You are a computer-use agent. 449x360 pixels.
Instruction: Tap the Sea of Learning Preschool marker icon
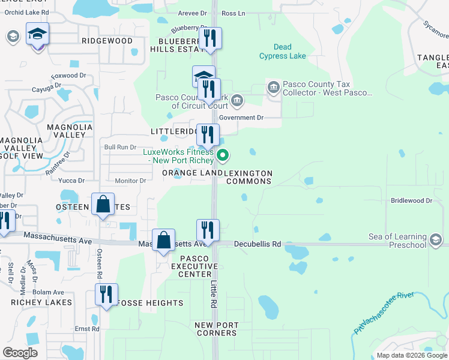[436, 241]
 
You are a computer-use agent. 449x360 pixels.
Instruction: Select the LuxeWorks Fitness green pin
[223, 157]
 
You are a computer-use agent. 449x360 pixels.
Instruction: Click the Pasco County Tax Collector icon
[273, 89]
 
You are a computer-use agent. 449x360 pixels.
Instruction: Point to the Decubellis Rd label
[258, 244]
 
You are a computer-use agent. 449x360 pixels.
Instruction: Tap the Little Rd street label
[212, 295]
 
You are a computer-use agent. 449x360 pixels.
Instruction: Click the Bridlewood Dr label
[411, 201]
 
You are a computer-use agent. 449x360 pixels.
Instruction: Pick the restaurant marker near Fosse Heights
[107, 295]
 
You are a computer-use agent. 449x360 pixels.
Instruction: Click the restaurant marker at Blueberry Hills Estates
[210, 39]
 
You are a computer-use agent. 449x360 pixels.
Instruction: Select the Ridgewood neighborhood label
[107, 41]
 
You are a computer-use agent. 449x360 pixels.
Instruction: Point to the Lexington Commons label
[248, 177]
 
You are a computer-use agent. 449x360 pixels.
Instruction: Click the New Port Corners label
[216, 329]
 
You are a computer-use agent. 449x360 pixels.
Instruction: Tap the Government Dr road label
[241, 118]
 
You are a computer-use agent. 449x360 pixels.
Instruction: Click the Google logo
[20, 353]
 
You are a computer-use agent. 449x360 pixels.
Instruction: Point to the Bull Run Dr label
[121, 147]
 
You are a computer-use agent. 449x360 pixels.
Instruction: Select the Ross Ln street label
[234, 13]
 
